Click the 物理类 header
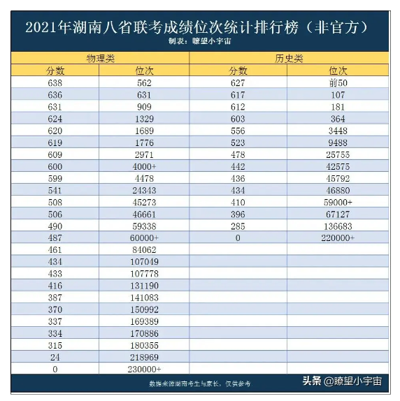pyautogui.click(x=100, y=59)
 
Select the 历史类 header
pyautogui.click(x=289, y=59)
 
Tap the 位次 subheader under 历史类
pyautogui.click(x=338, y=71)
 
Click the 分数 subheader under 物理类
pyautogui.click(x=55, y=71)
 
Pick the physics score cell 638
pyautogui.click(x=55, y=83)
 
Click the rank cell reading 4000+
pyautogui.click(x=144, y=167)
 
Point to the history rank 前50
pyautogui.click(x=338, y=83)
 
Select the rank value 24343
pyautogui.click(x=144, y=191)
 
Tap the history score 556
pyautogui.click(x=238, y=131)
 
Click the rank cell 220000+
pyautogui.click(x=338, y=238)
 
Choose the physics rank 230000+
pyautogui.click(x=144, y=370)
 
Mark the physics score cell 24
pyautogui.click(x=55, y=357)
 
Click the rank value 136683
pyautogui.click(x=338, y=226)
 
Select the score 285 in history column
pyautogui.click(x=238, y=226)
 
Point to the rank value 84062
pyautogui.click(x=144, y=250)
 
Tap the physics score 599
pyautogui.click(x=55, y=179)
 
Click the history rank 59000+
pyautogui.click(x=338, y=203)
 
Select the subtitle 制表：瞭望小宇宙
pyautogui.click(x=199, y=41)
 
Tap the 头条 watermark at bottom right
pyautogui.click(x=312, y=381)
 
